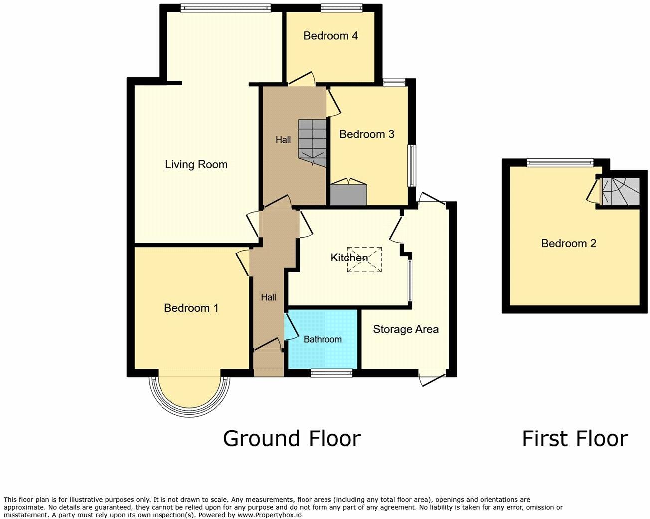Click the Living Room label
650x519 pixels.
[x=196, y=164]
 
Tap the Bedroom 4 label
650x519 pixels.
[x=330, y=36]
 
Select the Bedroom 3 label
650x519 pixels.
[x=366, y=134]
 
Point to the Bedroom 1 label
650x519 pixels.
[x=191, y=308]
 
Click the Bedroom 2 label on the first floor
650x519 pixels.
[x=568, y=243]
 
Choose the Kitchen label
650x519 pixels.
[x=349, y=258]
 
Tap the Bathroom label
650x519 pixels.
[x=323, y=339]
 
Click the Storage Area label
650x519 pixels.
[x=405, y=329]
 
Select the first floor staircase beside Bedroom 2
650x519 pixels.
[x=620, y=192]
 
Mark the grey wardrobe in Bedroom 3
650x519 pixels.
[x=348, y=194]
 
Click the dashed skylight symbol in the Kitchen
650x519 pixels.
[x=365, y=259]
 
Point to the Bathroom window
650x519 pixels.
[x=331, y=372]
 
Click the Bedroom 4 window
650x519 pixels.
[x=341, y=8]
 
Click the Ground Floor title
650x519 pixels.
[x=292, y=438]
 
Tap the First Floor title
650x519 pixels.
[x=574, y=438]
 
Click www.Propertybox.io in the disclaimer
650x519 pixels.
[x=270, y=515]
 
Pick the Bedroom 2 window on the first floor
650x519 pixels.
[x=560, y=162]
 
